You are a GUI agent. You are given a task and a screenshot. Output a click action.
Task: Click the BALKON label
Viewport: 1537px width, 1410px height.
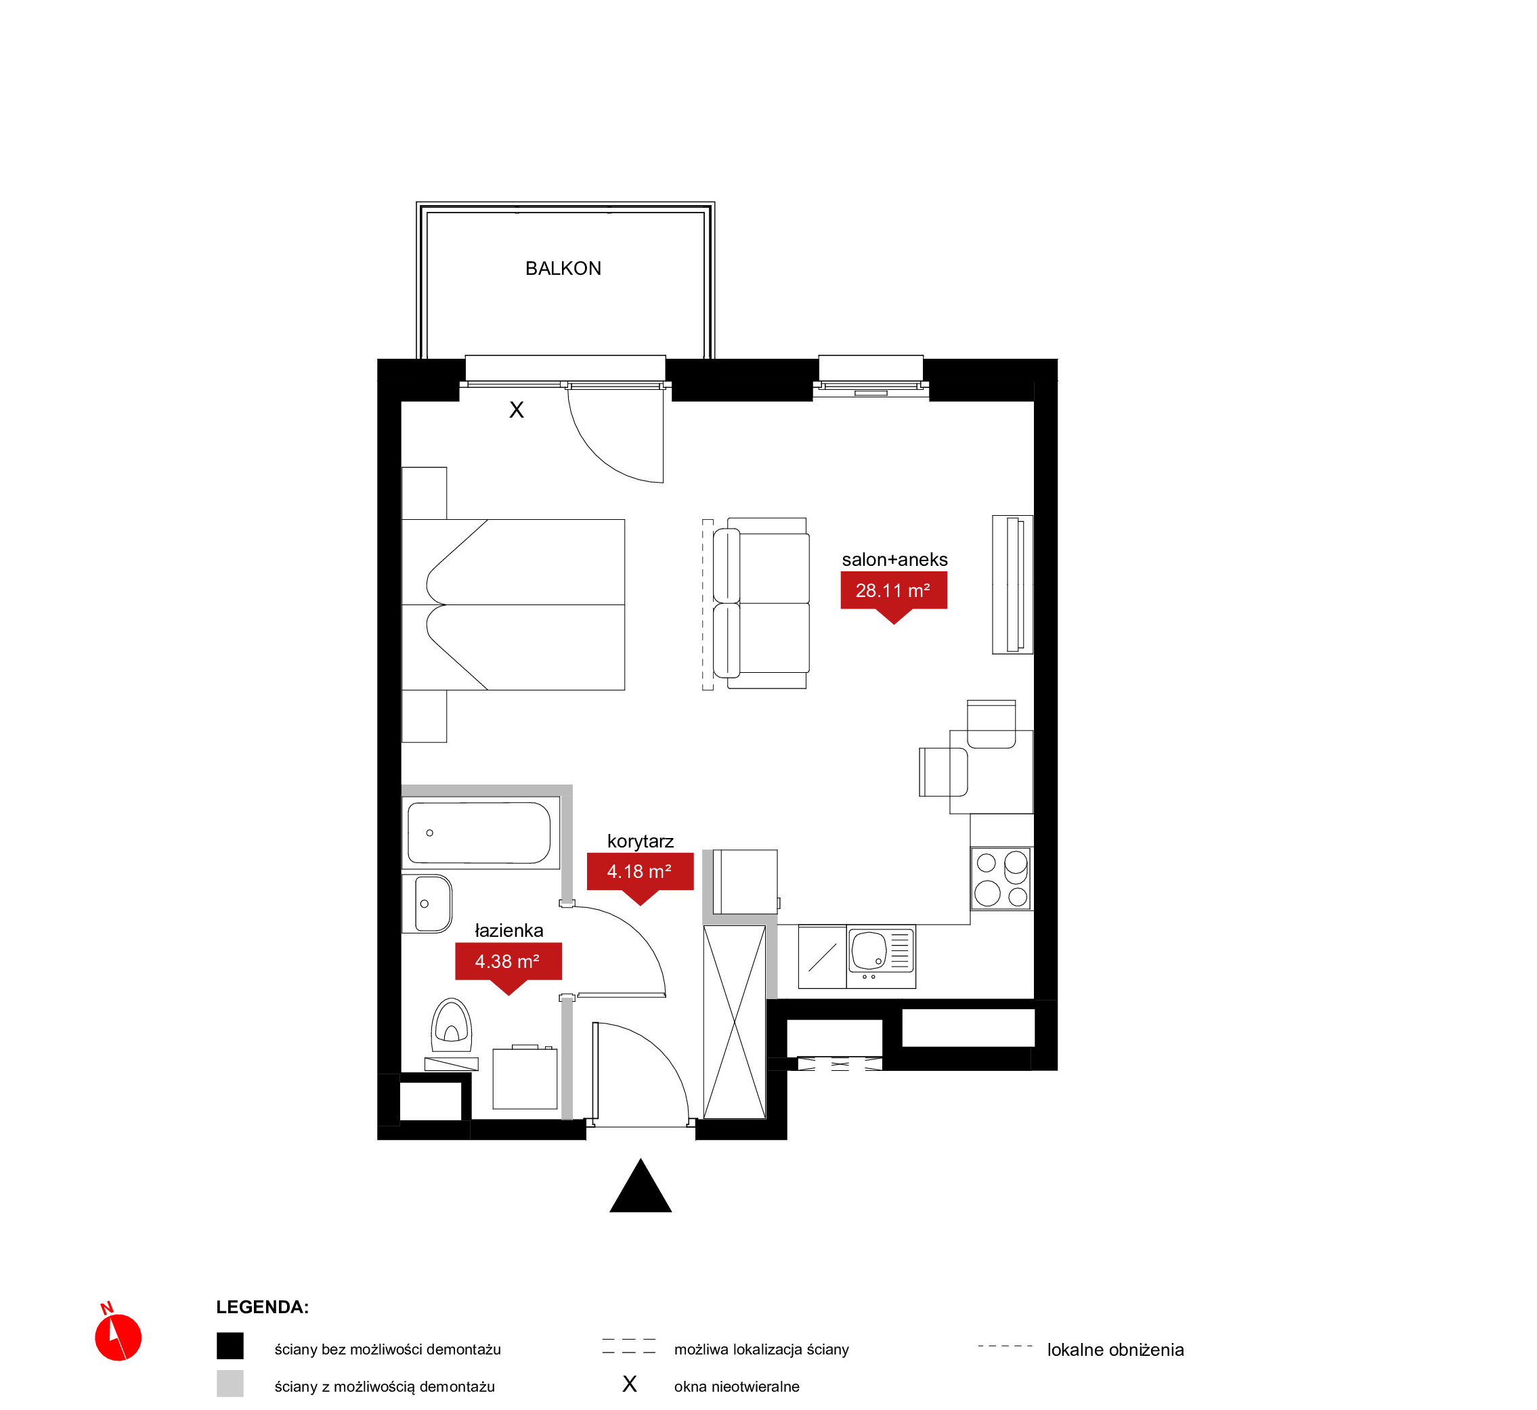pyautogui.click(x=563, y=269)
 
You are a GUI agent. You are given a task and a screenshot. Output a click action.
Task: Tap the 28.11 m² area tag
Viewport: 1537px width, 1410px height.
pyautogui.click(x=893, y=592)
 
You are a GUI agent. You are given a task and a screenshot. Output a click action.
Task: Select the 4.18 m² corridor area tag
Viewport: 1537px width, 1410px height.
pyautogui.click(x=640, y=873)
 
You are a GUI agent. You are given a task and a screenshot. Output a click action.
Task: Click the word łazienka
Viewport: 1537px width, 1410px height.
pyautogui.click(x=509, y=930)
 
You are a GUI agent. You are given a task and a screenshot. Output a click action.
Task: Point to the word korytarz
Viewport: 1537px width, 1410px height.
pyautogui.click(x=641, y=841)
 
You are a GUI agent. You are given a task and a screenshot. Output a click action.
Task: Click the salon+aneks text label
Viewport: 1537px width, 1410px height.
pyautogui.click(x=894, y=559)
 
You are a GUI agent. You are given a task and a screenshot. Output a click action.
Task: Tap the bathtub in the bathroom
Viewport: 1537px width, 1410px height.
pyautogui.click(x=479, y=833)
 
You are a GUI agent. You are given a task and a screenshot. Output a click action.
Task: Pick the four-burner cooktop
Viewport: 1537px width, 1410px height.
pyautogui.click(x=1001, y=878)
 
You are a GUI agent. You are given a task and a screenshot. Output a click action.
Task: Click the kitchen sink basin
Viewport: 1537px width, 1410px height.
pyautogui.click(x=869, y=950)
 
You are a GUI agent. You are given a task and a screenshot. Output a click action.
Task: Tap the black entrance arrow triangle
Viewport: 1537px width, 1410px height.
pyautogui.click(x=641, y=1187)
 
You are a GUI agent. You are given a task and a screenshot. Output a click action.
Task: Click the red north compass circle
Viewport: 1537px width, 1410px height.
pyautogui.click(x=118, y=1338)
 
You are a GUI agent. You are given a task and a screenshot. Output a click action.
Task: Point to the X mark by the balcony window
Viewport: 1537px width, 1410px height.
pyautogui.click(x=517, y=410)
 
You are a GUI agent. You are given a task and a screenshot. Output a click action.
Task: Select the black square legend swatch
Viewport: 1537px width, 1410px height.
pyautogui.click(x=230, y=1346)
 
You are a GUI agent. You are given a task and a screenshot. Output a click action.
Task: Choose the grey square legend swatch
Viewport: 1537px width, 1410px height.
pyautogui.click(x=230, y=1384)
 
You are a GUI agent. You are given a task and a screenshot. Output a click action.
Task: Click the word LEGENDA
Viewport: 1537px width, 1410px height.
pyautogui.click(x=262, y=1307)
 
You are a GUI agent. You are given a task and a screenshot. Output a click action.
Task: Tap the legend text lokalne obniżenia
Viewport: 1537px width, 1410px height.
pyautogui.click(x=1115, y=1350)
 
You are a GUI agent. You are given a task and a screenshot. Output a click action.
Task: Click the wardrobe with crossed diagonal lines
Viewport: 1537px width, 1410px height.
pyautogui.click(x=734, y=1022)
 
